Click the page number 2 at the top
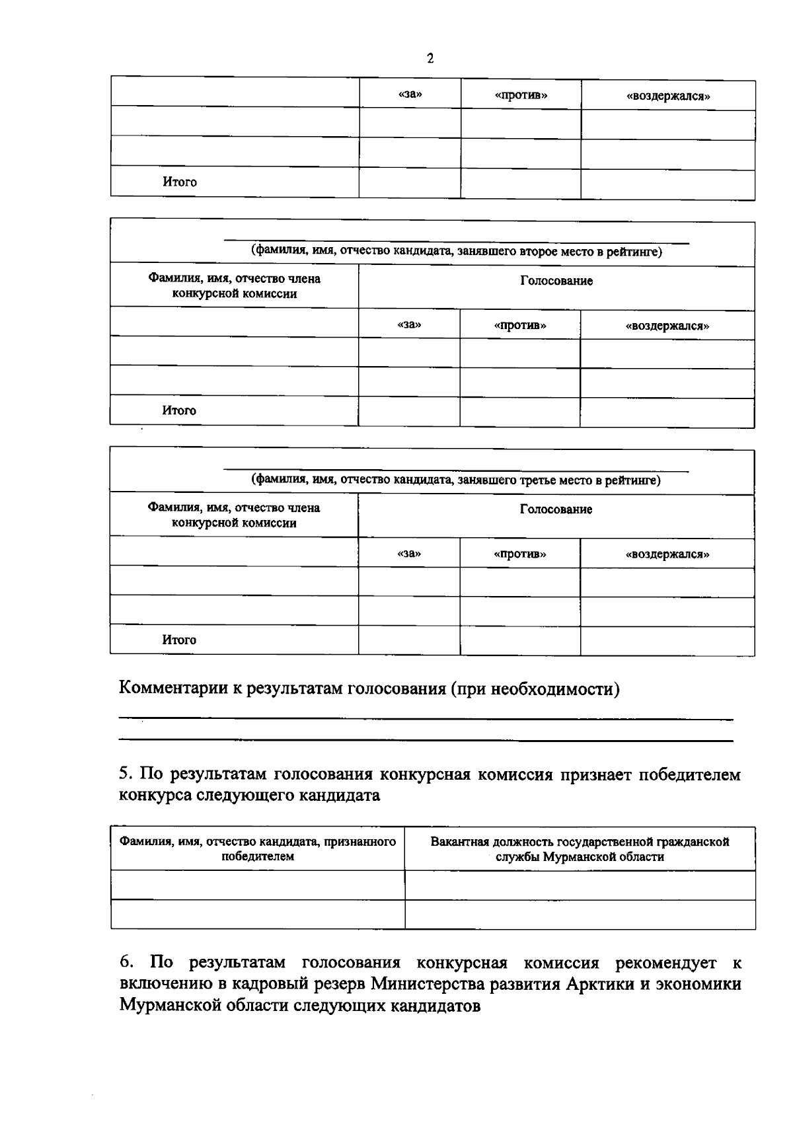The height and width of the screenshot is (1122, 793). click(x=430, y=59)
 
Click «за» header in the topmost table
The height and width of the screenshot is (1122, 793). click(x=410, y=94)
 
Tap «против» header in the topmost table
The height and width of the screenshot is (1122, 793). click(x=521, y=95)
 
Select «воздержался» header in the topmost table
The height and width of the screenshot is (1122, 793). click(x=668, y=96)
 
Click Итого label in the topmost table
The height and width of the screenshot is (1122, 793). click(x=180, y=182)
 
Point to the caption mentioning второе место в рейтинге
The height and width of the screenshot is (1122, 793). click(x=456, y=252)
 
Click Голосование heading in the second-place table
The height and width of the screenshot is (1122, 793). click(x=556, y=281)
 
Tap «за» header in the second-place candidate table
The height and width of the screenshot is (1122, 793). click(x=409, y=324)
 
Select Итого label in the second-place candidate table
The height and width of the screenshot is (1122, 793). click(x=179, y=410)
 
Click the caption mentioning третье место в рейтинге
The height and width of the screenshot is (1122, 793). click(x=455, y=480)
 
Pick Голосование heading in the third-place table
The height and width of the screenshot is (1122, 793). click(x=556, y=509)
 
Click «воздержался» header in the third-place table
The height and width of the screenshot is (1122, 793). click(x=667, y=554)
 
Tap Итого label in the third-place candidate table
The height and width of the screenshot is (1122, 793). click(x=179, y=640)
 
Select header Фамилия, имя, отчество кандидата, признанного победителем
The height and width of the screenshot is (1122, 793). click(x=257, y=848)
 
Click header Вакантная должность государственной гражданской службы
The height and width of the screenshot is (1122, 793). click(x=580, y=848)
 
